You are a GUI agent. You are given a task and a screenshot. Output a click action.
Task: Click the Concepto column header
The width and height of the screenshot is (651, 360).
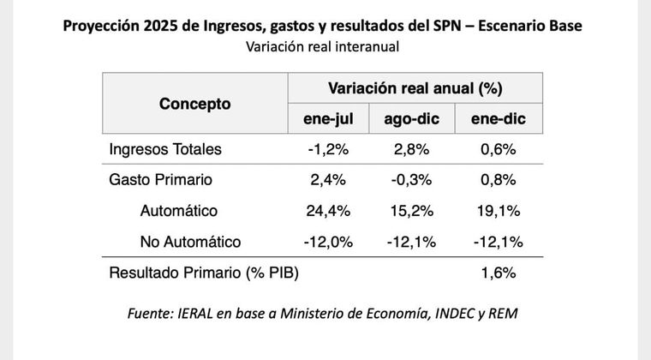[x=194, y=104]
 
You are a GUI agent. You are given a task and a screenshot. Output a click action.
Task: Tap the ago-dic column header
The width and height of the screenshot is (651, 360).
[x=410, y=119]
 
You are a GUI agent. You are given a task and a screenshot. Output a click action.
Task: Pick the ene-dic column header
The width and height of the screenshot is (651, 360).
[x=498, y=119]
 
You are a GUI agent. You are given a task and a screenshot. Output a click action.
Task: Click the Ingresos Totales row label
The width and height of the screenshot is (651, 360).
[x=165, y=149]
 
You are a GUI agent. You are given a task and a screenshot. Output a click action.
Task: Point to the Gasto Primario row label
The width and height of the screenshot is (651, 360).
[x=160, y=180]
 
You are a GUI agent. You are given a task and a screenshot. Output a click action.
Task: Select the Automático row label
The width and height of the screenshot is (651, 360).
[x=178, y=211]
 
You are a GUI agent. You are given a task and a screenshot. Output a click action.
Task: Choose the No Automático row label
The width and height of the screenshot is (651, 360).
[x=190, y=242]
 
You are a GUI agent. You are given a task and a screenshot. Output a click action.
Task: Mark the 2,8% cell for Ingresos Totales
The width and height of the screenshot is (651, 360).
[x=410, y=149]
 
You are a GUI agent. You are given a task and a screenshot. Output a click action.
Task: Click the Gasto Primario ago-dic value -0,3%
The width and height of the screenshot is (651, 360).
[x=410, y=180]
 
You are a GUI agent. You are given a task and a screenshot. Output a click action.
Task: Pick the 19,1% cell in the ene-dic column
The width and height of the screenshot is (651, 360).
[x=498, y=211]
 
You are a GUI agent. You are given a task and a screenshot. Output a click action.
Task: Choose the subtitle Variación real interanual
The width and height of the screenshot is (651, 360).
[x=323, y=47]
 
